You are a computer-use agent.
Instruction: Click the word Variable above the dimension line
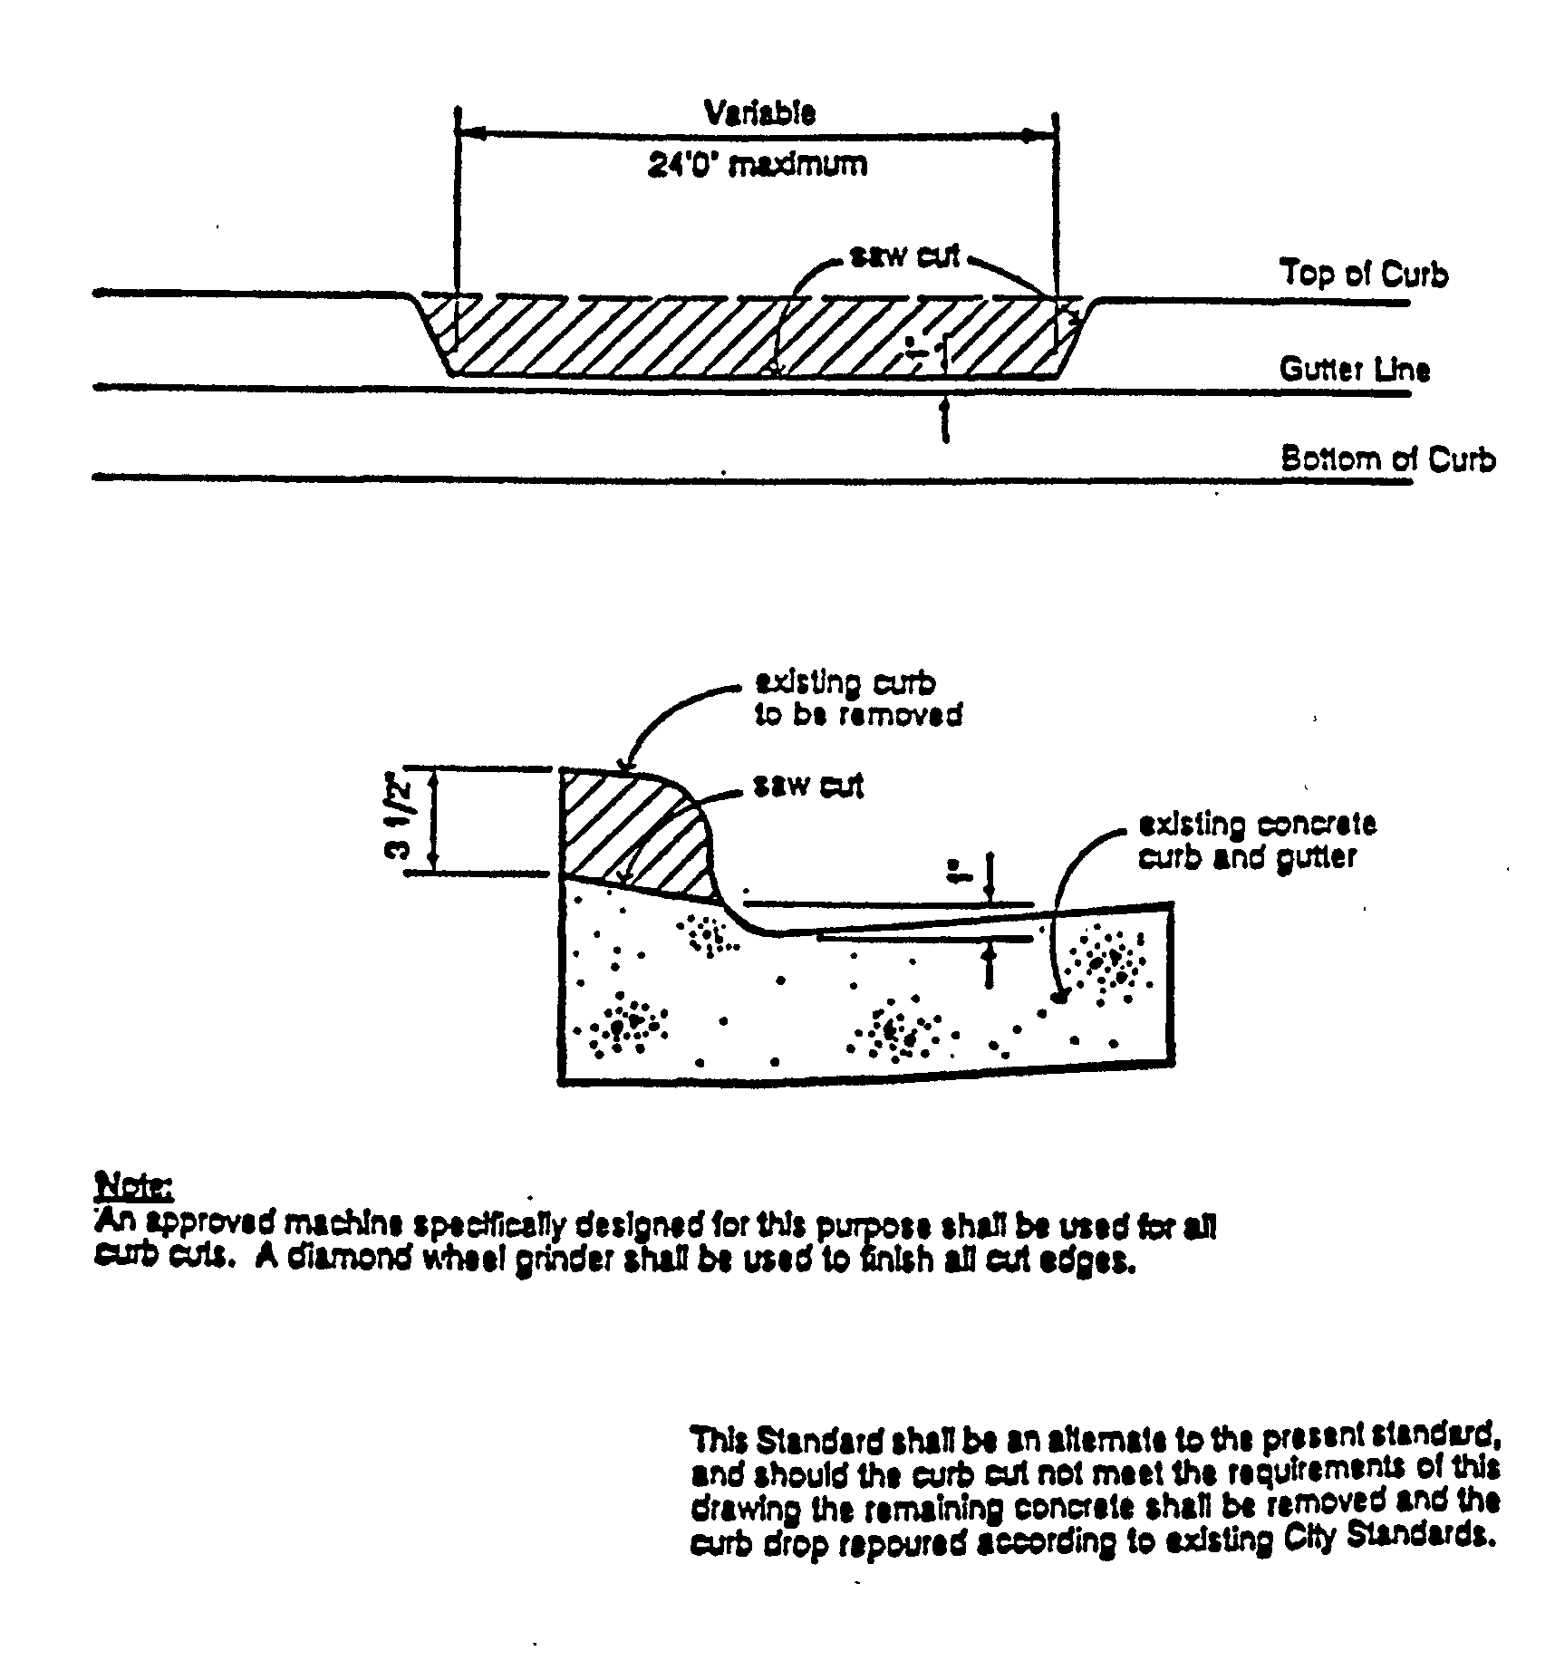(759, 112)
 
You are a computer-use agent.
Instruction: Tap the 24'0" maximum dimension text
(757, 165)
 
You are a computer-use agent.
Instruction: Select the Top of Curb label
(1363, 274)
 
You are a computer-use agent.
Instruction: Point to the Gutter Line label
(1354, 369)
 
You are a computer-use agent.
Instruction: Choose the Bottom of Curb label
(1387, 459)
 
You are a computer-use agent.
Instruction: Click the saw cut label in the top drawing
(903, 256)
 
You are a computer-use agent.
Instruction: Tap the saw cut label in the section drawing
(808, 786)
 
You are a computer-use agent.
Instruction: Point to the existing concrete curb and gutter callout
(1257, 840)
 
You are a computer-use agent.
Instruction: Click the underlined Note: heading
(134, 1186)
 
